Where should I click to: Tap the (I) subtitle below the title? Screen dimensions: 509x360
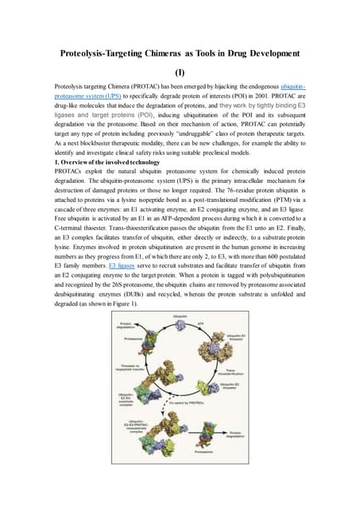(x=180, y=70)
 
